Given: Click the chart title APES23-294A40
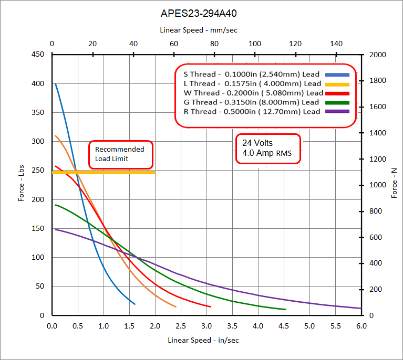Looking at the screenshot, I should point(201,13).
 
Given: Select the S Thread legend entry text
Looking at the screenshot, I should point(250,74).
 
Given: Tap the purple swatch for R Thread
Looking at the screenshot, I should point(337,112).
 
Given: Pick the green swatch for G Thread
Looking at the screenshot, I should point(337,102).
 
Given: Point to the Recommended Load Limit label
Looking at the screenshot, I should point(120,154).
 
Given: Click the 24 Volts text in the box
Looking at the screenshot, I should point(257,143).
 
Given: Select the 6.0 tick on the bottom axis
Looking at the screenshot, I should point(361,326).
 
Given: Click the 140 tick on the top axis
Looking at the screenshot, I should point(337,44).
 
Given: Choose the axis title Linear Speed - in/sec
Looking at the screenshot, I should point(203,340).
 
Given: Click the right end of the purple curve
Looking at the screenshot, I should point(360,308).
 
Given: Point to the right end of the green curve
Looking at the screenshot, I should point(285,309).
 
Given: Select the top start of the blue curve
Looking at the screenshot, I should point(56,84).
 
